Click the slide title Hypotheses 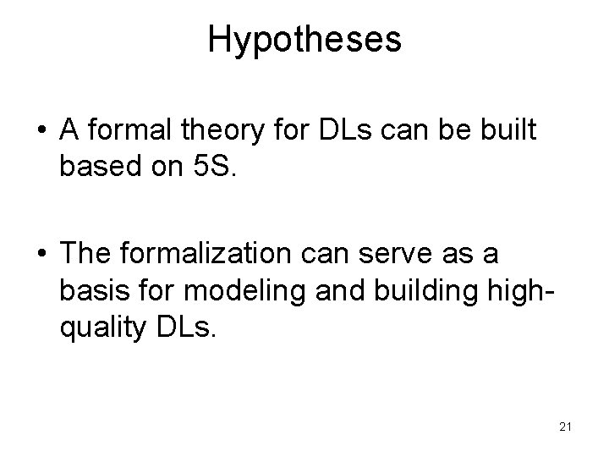304,41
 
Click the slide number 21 566,426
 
